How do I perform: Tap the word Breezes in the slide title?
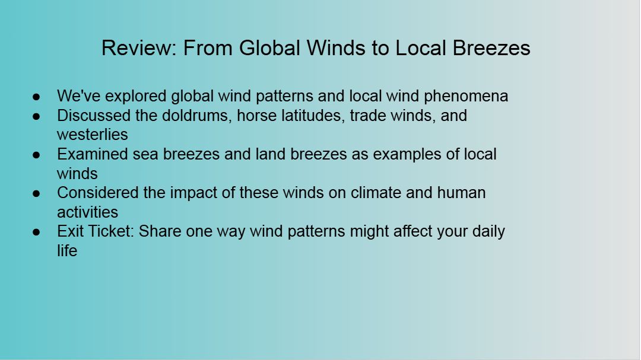(x=491, y=48)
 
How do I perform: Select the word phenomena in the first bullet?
(x=466, y=97)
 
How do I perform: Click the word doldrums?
(x=197, y=116)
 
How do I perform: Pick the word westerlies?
(x=93, y=135)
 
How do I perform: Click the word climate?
(x=376, y=193)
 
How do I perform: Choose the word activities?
(x=87, y=212)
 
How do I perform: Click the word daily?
(x=488, y=232)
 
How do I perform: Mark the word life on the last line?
(x=67, y=250)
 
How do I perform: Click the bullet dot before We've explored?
(x=36, y=97)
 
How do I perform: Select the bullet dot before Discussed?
(x=36, y=116)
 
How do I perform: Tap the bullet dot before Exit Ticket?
(x=36, y=232)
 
